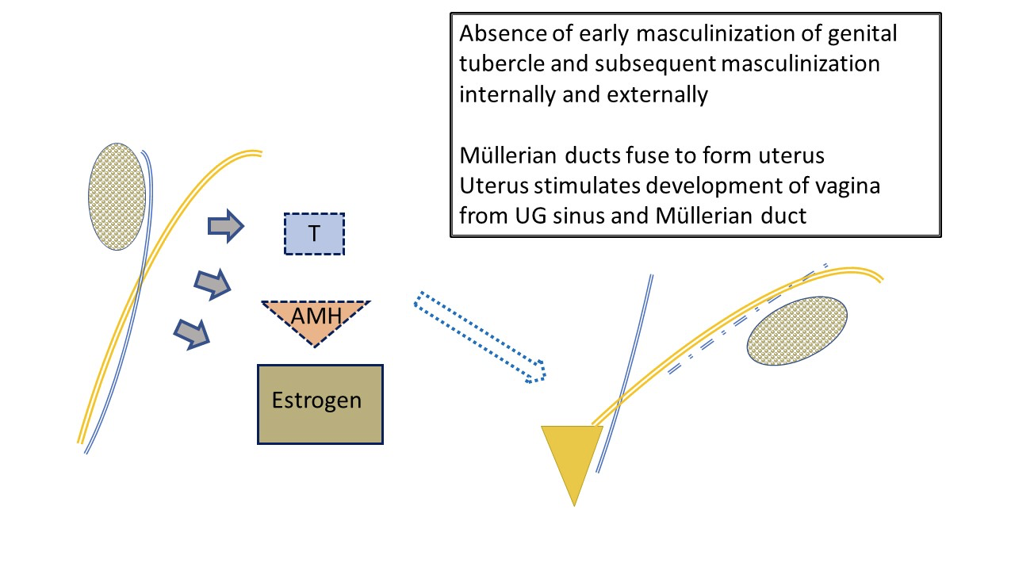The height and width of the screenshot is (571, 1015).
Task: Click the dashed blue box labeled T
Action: [x=314, y=234]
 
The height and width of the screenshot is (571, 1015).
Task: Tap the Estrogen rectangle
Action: [x=320, y=404]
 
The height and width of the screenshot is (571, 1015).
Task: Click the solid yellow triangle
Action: [x=573, y=458]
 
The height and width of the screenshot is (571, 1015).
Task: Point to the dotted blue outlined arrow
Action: [x=480, y=337]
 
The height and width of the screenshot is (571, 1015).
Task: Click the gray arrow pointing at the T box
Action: [x=226, y=226]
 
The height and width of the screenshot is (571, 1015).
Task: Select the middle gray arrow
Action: [x=213, y=284]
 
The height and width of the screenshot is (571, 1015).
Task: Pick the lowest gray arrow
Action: [x=192, y=335]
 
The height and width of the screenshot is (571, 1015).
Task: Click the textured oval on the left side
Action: [x=117, y=197]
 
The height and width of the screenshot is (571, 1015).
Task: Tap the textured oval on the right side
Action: [x=797, y=331]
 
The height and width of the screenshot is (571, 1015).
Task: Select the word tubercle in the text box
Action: [x=502, y=63]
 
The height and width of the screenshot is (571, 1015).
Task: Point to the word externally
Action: [x=657, y=94]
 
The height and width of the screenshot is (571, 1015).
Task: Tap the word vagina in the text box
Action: [x=848, y=186]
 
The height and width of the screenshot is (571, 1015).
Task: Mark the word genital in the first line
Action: [x=862, y=34]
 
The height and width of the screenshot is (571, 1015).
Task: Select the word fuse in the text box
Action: [x=648, y=155]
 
